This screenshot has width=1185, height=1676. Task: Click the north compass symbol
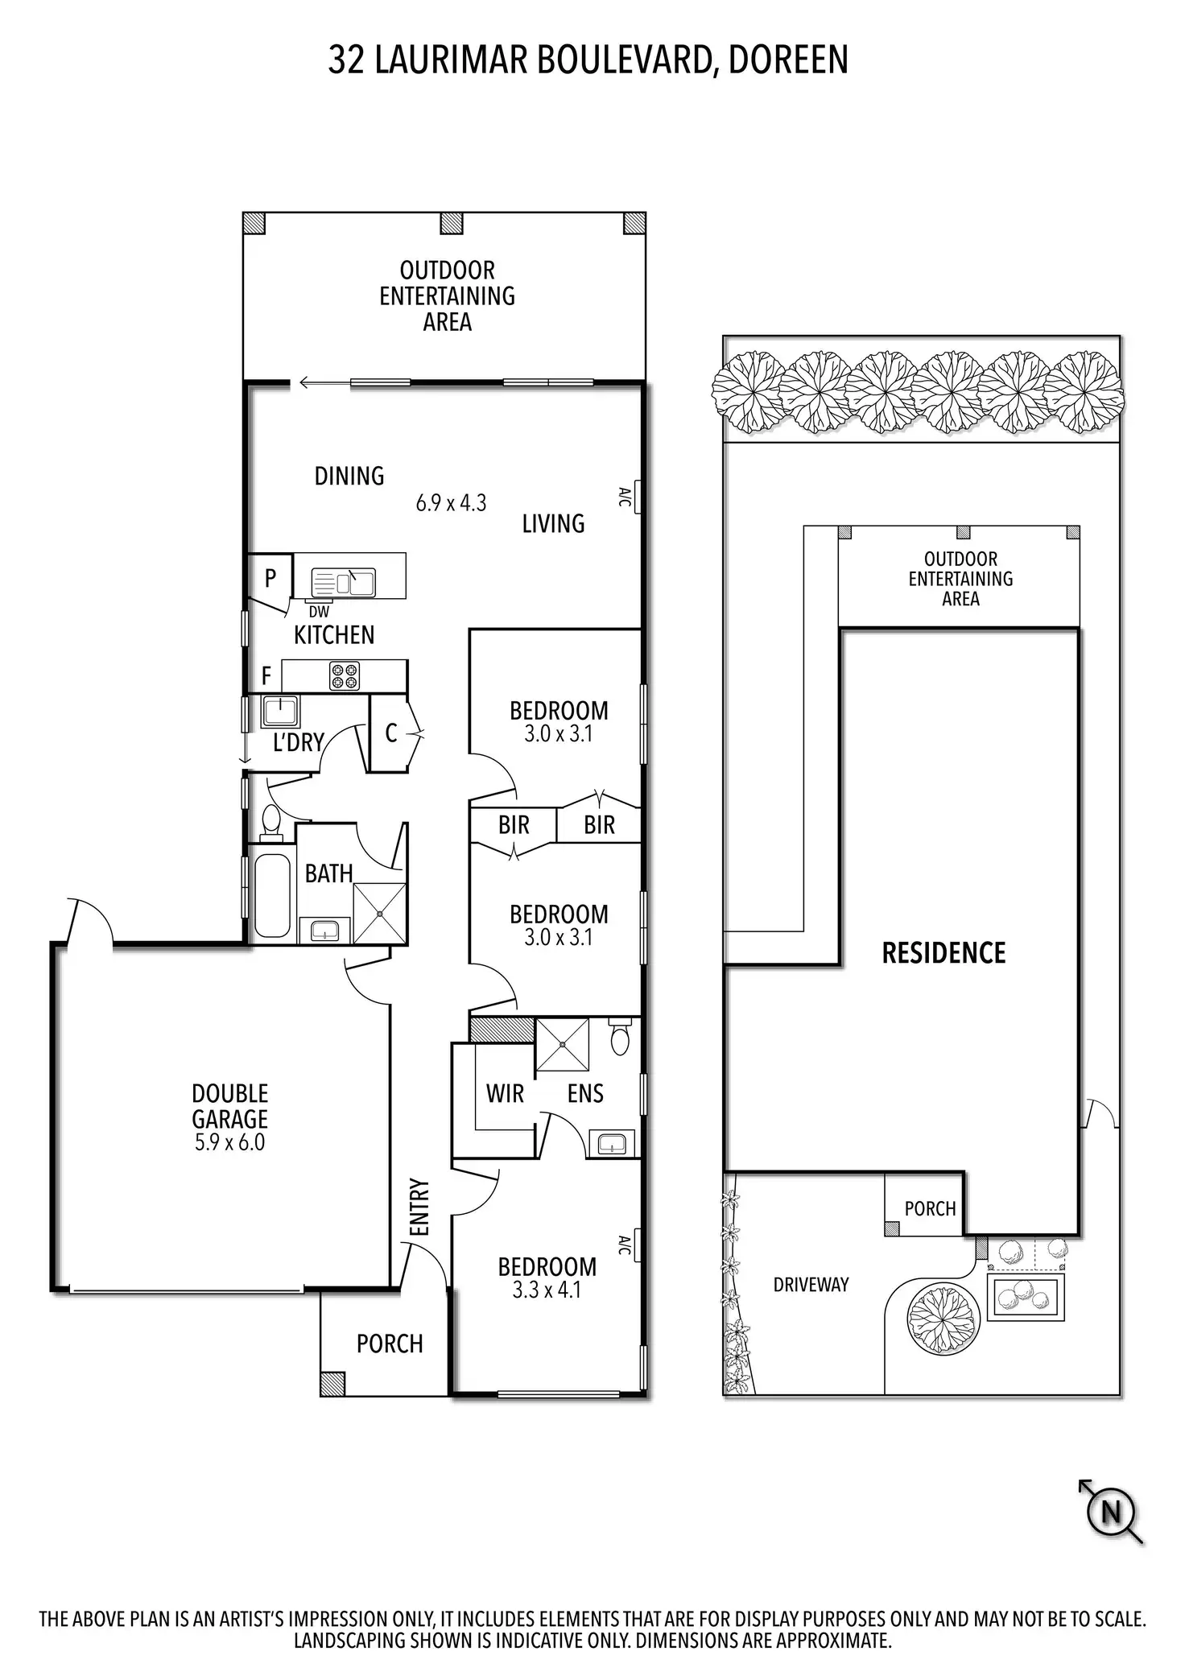point(1111,1512)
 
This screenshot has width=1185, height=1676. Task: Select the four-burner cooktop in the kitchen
point(345,675)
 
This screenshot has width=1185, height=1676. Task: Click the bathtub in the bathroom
point(271,894)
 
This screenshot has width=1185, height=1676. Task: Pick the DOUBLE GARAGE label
point(229,1106)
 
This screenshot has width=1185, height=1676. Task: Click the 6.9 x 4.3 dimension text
point(451,503)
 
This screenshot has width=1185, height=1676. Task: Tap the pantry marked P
point(270,577)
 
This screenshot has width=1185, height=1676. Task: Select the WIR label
point(505,1093)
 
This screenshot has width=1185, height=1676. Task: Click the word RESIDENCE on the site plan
point(943,953)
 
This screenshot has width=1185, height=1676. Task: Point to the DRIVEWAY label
point(811,1285)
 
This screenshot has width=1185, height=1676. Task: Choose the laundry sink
point(280,712)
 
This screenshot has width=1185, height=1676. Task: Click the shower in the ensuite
point(562,1045)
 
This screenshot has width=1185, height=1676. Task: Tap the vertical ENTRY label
point(419,1207)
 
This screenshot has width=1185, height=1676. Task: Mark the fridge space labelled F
point(266,675)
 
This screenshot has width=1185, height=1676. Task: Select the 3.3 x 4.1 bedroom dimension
point(547,1290)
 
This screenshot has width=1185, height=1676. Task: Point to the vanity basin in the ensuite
point(611,1143)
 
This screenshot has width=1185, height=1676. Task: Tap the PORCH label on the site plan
point(930,1208)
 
